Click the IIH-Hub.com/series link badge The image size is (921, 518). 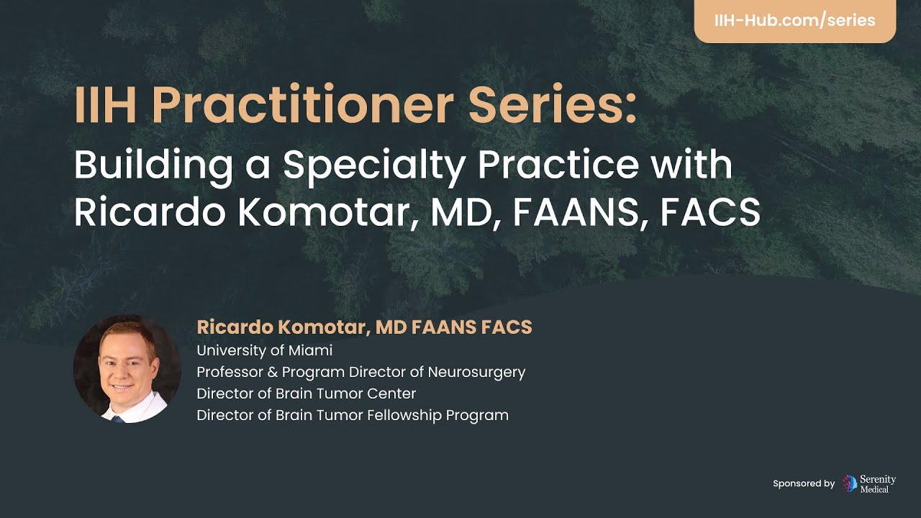click(794, 20)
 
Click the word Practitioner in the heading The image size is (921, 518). click(302, 105)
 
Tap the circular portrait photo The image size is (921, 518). click(127, 368)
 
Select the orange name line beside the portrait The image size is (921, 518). click(364, 327)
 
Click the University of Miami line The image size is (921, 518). click(264, 350)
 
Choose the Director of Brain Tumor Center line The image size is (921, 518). click(306, 394)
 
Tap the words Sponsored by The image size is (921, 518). click(804, 483)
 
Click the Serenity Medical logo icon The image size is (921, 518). click(850, 483)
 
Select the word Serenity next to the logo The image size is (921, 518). click(879, 479)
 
